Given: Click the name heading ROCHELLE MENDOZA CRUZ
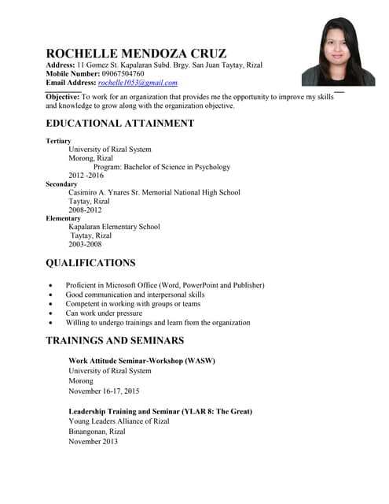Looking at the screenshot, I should point(136,54).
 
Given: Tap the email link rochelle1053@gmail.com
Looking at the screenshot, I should point(138,83).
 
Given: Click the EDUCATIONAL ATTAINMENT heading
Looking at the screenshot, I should point(119,124).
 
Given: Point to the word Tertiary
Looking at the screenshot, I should point(58,141).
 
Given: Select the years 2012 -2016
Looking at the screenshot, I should point(86,176).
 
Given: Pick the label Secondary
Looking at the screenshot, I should point(61,184).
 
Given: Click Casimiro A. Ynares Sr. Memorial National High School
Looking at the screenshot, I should point(154,193).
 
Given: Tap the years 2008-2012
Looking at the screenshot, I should point(85,210).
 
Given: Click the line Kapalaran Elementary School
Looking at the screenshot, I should point(115,227).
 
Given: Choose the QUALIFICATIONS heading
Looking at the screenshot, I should point(90,263).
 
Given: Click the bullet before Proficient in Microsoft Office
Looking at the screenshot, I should point(51,285).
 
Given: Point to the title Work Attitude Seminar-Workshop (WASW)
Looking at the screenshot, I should point(141,361).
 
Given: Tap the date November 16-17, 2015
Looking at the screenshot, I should point(104,391).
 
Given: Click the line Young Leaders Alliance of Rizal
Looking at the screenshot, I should point(119,421).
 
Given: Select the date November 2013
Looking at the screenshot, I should point(93,442).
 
